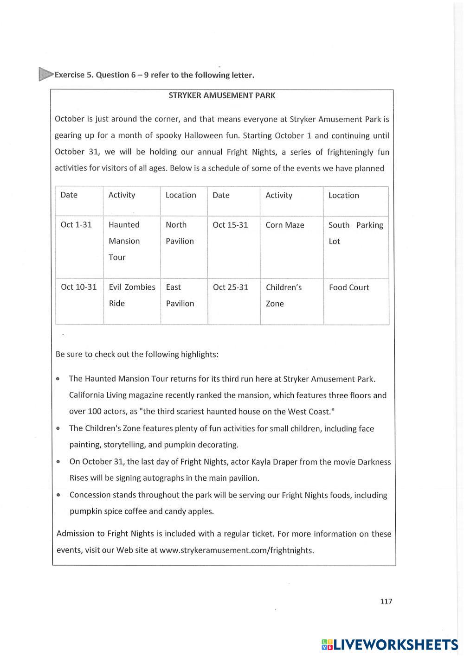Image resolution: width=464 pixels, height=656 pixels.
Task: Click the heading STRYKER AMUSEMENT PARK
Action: coord(222,96)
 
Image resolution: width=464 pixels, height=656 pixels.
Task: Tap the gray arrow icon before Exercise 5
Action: coord(45,74)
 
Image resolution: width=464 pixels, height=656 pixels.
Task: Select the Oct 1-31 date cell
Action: coord(76,225)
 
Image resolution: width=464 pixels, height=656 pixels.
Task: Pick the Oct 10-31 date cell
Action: coord(79,287)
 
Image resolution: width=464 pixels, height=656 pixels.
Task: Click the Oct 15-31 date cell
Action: coord(230,225)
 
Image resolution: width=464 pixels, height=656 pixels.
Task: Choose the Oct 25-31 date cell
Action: coord(230,287)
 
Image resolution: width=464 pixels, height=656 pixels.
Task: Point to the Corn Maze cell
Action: coord(285,225)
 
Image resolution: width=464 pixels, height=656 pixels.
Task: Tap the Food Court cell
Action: coord(349,287)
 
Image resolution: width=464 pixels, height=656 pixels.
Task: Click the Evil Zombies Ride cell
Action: coord(132,295)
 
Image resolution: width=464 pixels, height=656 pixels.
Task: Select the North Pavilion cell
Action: coord(180,233)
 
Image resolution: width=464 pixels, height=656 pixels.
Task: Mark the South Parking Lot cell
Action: coord(355,233)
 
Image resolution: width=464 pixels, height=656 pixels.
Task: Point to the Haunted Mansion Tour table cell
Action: coord(124,241)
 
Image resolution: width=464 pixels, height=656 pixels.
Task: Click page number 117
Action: coord(386,601)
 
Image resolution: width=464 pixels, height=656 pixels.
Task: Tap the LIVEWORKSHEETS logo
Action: coord(390,644)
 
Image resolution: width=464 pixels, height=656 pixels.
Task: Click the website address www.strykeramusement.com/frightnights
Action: coord(237,550)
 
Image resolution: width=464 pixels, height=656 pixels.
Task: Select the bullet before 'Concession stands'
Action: coord(58,495)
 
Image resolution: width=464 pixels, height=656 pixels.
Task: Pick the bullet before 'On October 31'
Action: coord(58,462)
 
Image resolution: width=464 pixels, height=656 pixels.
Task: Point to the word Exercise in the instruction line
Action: coord(70,75)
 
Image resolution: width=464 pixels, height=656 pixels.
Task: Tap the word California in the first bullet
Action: coord(86,395)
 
